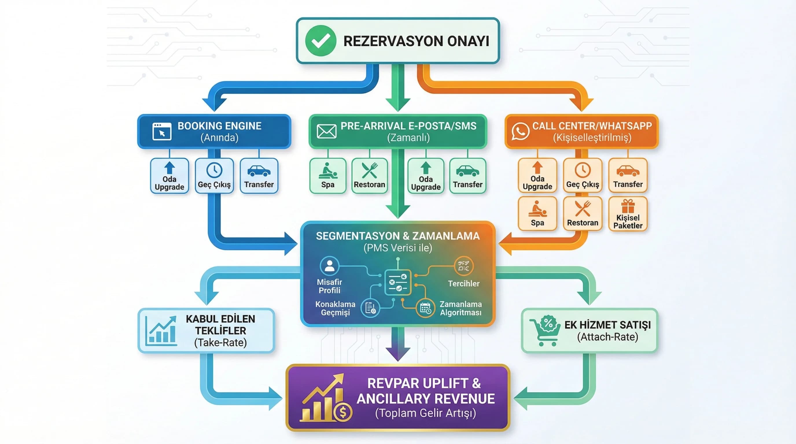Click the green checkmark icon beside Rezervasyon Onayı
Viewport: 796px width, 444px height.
point(320,41)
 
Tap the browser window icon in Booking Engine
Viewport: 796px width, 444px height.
point(162,132)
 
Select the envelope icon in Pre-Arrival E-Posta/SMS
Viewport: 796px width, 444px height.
point(326,132)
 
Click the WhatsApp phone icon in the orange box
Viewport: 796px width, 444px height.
point(520,131)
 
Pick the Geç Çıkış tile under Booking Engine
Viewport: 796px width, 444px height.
point(214,176)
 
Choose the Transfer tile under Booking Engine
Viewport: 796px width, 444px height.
point(259,176)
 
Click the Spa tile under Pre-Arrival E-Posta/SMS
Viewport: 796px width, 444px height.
point(327,176)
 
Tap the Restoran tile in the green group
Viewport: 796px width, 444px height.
point(369,176)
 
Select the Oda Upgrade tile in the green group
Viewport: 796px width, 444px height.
point(425,176)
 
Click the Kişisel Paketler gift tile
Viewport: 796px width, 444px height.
point(628,214)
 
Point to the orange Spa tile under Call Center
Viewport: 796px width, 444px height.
point(537,214)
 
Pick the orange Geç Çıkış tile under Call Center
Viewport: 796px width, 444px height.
point(583,175)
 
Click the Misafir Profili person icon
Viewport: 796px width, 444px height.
point(329,266)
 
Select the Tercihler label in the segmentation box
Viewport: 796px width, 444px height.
point(463,284)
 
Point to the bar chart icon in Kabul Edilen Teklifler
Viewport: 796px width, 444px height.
point(161,331)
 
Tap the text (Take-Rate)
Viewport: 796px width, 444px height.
point(220,343)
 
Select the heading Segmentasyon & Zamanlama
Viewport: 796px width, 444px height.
point(398,236)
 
